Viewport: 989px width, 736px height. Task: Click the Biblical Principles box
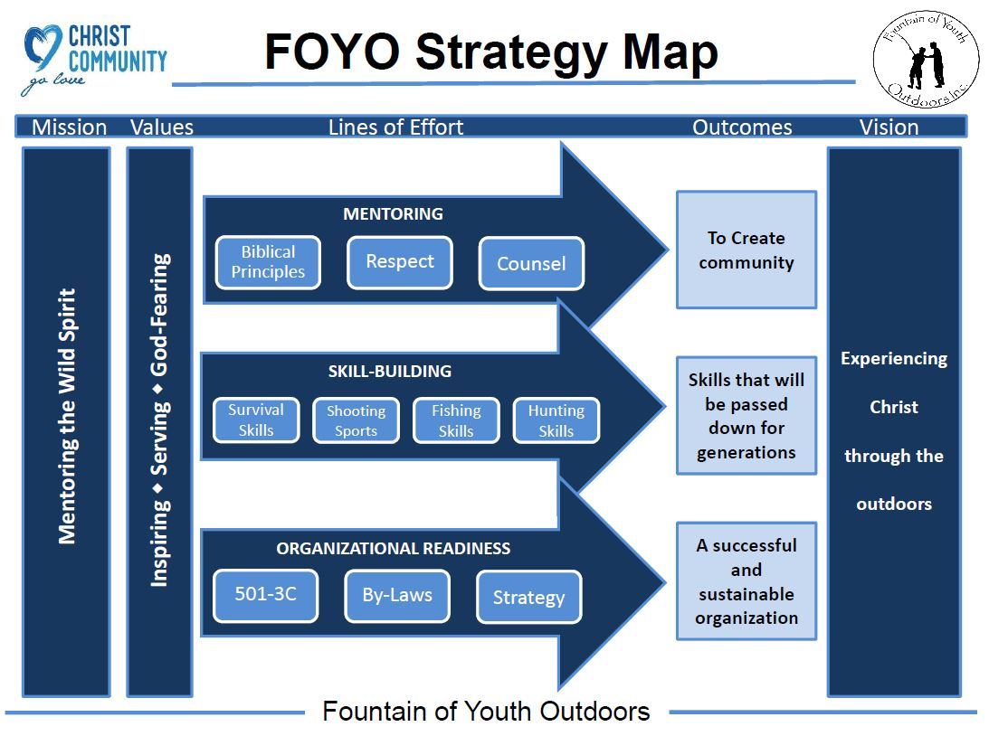pos(268,262)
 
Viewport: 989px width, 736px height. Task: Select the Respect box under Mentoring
pos(400,262)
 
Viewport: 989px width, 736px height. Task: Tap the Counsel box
pos(531,263)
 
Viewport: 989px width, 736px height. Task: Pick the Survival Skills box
pos(256,420)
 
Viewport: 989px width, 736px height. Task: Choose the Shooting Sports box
pos(357,420)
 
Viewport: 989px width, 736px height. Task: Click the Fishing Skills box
pos(456,420)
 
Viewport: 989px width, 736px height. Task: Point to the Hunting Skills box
pos(556,420)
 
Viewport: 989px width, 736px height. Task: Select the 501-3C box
pos(265,596)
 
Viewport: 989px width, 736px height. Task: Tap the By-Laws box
pos(397,596)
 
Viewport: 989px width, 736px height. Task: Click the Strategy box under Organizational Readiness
pos(529,597)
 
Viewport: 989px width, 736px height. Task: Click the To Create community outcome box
pos(747,250)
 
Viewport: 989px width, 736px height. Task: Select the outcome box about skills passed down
pos(747,416)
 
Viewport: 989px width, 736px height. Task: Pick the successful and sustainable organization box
pos(747,581)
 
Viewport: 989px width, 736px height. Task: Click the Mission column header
pos(70,127)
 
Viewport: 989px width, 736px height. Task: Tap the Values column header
pos(161,127)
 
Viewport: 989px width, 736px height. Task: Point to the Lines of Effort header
pos(395,127)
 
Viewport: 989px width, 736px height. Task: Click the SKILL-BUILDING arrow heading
pos(390,371)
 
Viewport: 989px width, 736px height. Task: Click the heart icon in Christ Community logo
pos(43,47)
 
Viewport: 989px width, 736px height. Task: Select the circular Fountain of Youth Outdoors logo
pos(926,60)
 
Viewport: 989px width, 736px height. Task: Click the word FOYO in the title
pos(332,52)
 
